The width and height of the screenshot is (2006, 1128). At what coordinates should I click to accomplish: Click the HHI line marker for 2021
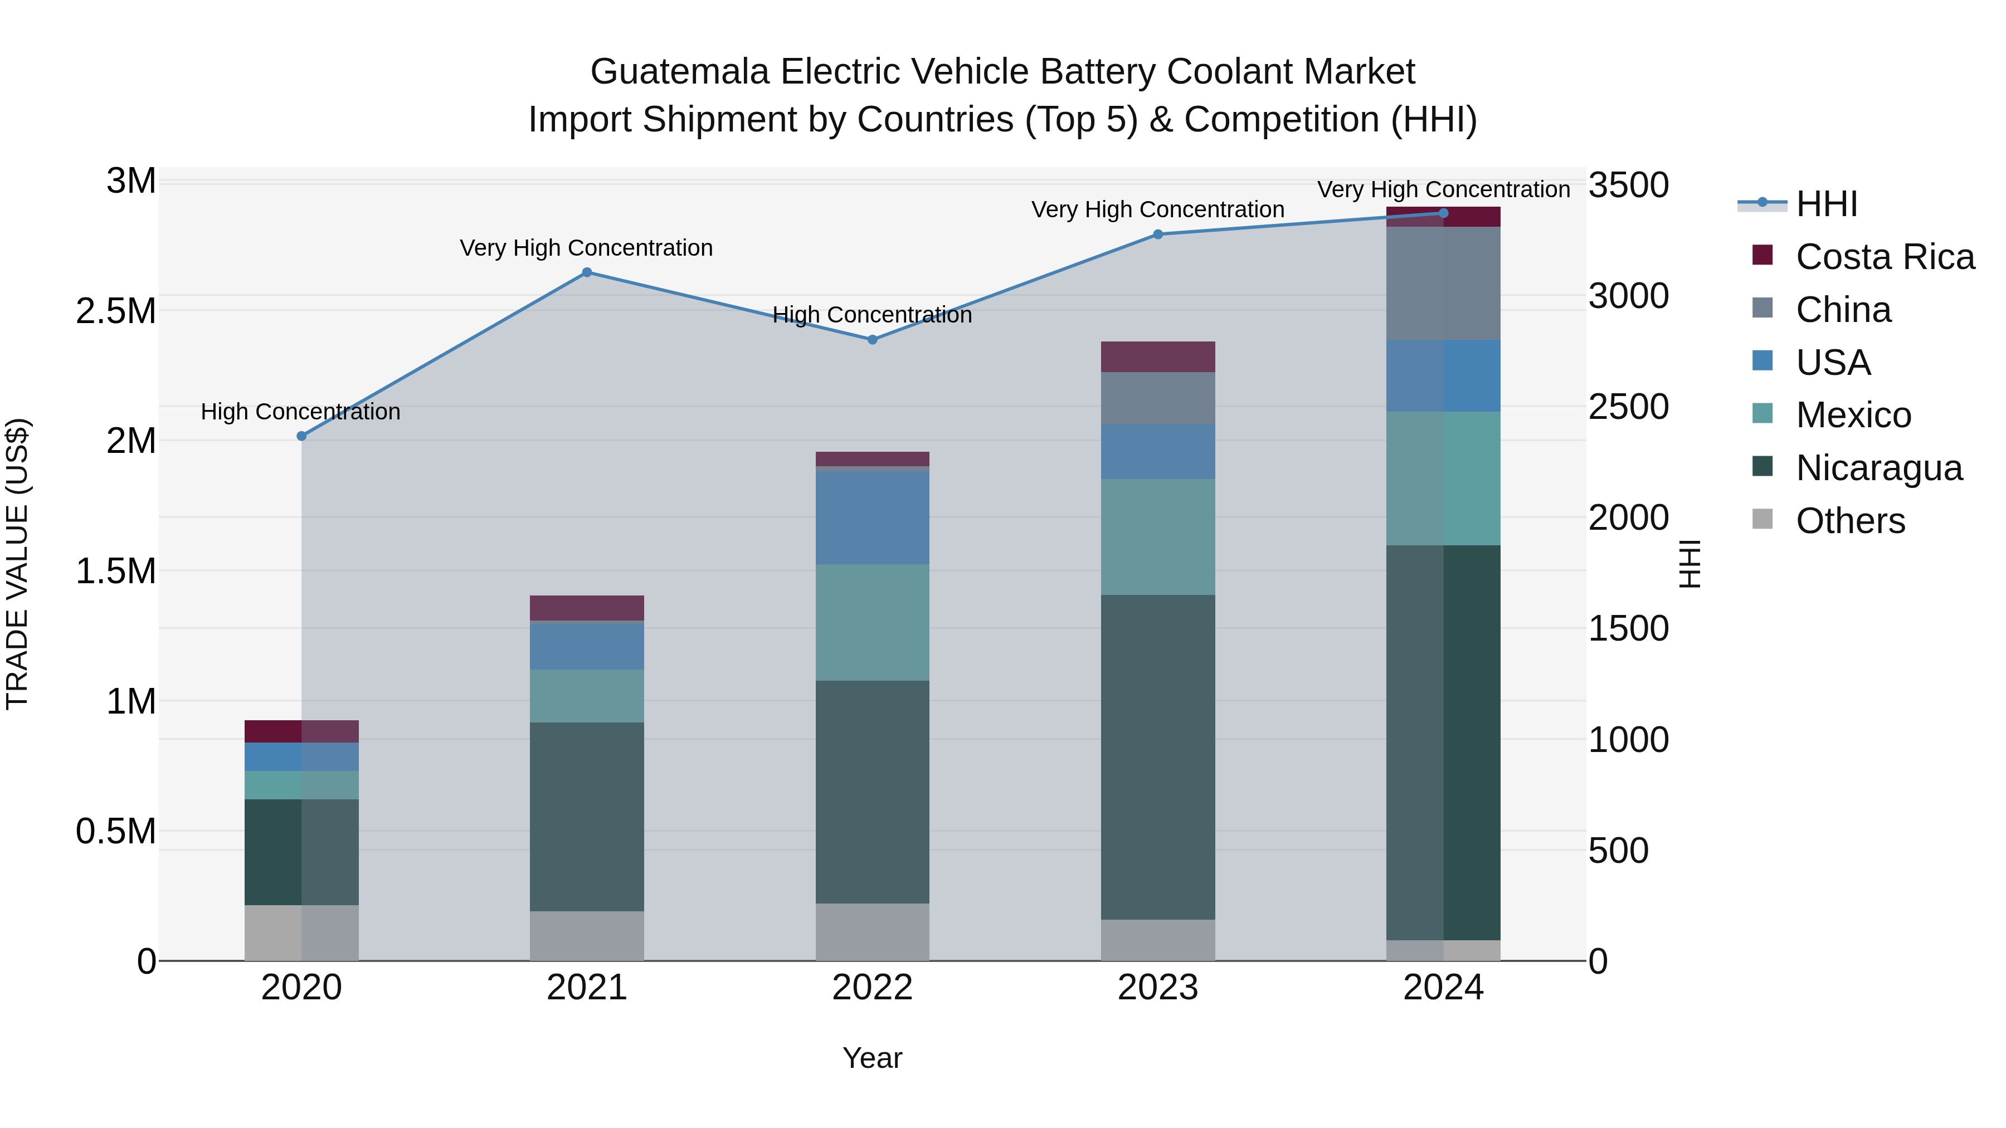pos(587,272)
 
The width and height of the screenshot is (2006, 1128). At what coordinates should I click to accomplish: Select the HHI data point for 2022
pos(872,339)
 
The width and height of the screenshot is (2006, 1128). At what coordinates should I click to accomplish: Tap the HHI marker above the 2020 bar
pos(302,436)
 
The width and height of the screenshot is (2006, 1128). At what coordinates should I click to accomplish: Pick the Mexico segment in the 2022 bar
pos(872,622)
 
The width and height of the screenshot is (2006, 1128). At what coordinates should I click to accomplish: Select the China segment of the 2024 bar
pos(1443,284)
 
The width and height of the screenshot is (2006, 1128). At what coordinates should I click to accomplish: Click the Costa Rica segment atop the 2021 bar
pos(587,607)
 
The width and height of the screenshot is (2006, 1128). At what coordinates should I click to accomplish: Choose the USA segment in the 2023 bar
pos(1157,452)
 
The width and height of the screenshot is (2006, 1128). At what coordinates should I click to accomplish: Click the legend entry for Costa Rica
pos(1884,257)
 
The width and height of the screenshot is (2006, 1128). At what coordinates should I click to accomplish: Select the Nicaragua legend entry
pos(1878,468)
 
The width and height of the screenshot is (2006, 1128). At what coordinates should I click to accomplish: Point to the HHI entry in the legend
pos(1826,204)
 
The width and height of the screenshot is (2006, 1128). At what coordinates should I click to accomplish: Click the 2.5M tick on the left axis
pos(116,311)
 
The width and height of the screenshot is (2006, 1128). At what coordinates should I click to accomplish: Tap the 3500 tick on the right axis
pos(1628,185)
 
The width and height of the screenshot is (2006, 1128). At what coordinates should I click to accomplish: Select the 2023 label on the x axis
pos(1157,988)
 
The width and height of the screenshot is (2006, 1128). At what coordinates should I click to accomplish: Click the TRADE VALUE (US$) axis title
pos(17,564)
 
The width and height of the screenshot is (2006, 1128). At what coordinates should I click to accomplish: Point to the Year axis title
pos(872,1058)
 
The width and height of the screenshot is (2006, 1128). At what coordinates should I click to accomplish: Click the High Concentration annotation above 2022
pos(872,315)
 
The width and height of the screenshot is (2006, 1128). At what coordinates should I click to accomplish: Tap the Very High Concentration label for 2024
pos(1443,189)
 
